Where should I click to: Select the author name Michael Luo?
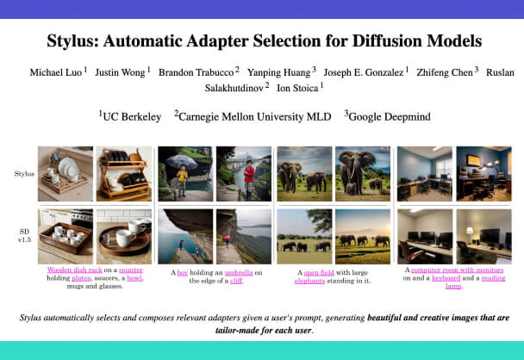tap(53, 71)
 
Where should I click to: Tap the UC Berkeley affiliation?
tap(131, 115)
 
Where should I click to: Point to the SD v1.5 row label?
tap(23, 235)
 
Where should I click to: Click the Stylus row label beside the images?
tap(24, 174)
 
